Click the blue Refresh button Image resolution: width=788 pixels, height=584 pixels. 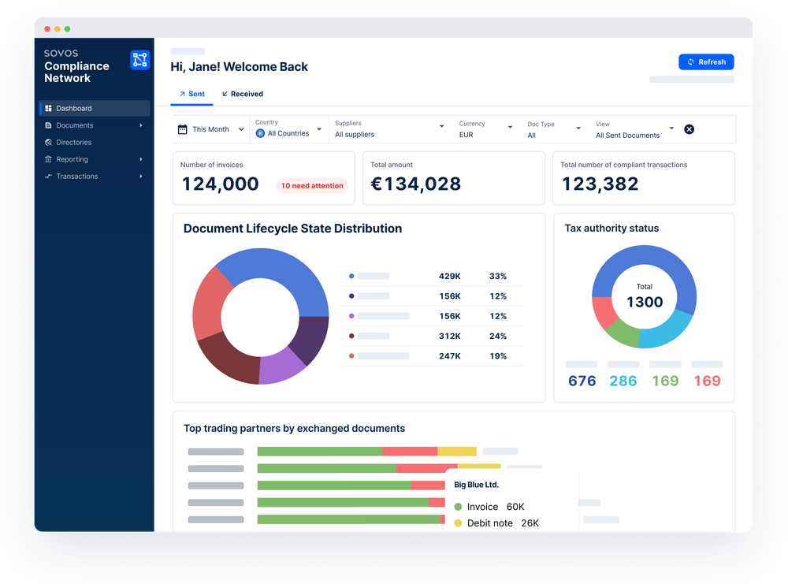[706, 62]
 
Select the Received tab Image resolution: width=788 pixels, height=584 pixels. [243, 94]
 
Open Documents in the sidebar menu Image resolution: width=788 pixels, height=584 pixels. [74, 125]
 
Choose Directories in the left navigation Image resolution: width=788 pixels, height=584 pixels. [73, 143]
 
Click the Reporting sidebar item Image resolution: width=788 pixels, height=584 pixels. [72, 159]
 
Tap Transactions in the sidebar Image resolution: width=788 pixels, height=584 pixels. [76, 177]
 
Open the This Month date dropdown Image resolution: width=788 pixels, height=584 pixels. [210, 129]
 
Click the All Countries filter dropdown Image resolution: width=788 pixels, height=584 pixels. [288, 133]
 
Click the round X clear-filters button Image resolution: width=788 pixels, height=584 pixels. [689, 129]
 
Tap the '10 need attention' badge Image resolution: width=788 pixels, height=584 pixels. [312, 186]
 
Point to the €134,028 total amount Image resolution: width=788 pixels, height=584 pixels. [415, 184]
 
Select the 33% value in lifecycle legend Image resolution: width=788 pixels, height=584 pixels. [498, 277]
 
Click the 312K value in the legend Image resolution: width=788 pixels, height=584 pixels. [450, 336]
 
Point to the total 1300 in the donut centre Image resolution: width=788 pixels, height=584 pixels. [644, 302]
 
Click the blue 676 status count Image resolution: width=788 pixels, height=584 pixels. [582, 381]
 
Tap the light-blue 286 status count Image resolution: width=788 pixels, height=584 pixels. [623, 381]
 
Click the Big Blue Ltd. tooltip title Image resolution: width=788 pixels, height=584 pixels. [476, 485]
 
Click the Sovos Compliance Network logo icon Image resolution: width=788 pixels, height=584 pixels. [139, 59]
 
